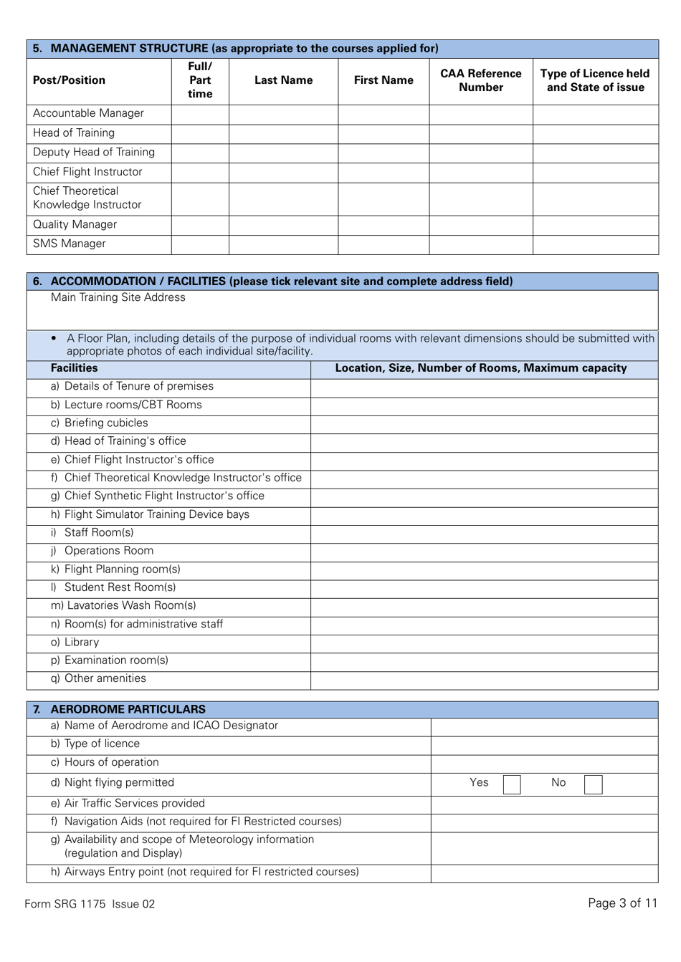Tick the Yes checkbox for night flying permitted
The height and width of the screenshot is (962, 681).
coord(512,784)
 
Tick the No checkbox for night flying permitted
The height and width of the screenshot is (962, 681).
coord(593,784)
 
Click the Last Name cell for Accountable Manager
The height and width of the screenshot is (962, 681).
coord(283,114)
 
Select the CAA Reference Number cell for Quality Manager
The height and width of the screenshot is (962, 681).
coord(480,225)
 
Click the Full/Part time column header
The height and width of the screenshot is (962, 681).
coord(200,80)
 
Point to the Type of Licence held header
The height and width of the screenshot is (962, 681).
coord(595,80)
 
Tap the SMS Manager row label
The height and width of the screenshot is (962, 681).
coord(70,244)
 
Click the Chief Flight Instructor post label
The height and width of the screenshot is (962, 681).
coord(87,172)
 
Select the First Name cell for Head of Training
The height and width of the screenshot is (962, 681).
coord(384,133)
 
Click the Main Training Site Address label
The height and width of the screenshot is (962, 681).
coord(118,298)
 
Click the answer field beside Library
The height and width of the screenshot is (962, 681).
coord(484,643)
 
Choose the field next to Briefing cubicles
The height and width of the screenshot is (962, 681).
coord(484,423)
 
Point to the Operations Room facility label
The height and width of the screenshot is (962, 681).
coord(108,551)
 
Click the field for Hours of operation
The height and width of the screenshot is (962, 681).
coord(544,763)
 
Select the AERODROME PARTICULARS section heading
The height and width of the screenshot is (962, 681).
coord(128,709)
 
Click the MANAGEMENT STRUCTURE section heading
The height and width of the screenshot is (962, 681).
coord(244,49)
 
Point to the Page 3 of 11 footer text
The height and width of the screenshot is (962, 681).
coord(622,903)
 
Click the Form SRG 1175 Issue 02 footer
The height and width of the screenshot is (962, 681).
coord(90,904)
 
